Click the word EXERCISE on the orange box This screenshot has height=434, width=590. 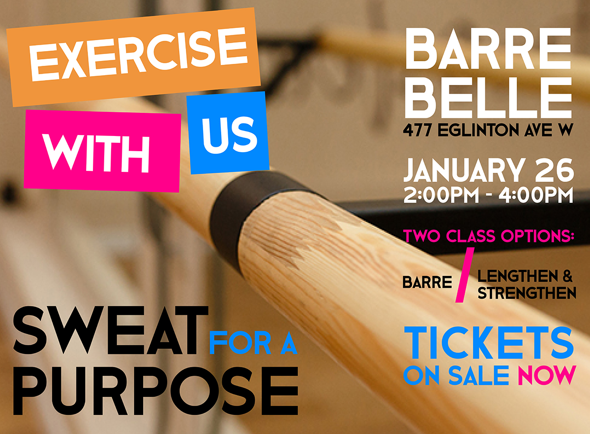pyautogui.click(x=139, y=54)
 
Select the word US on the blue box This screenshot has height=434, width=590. pyautogui.click(x=230, y=135)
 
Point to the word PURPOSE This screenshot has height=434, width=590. pyautogui.click(x=156, y=391)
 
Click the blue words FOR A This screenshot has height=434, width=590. pyautogui.click(x=253, y=343)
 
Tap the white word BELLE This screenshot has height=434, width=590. pyautogui.click(x=488, y=98)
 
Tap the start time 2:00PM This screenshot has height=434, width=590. pyautogui.click(x=441, y=195)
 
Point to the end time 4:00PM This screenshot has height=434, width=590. pyautogui.click(x=535, y=195)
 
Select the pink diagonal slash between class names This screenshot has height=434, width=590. pyautogui.click(x=465, y=275)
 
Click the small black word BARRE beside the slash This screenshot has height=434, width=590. pyautogui.click(x=427, y=282)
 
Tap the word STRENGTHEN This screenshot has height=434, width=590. pyautogui.click(x=527, y=293)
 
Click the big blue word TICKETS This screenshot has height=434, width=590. pyautogui.click(x=489, y=343)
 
